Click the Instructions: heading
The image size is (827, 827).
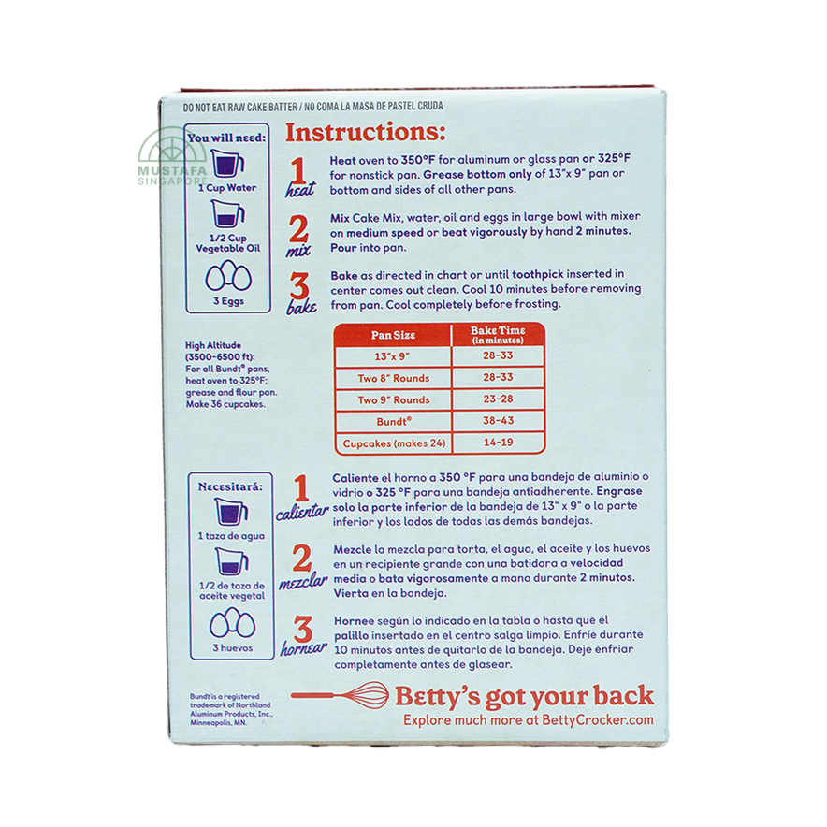pos(366,133)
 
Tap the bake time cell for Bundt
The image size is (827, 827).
pos(498,421)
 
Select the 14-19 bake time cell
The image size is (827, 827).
pos(498,443)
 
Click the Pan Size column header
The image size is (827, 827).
pos(393,335)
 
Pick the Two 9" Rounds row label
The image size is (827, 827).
pos(394,399)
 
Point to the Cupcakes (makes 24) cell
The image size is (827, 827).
pos(394,443)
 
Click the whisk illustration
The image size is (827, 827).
pos(340,694)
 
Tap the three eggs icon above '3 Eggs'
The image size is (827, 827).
pos(228,276)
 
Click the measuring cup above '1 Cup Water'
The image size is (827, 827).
pos(227,163)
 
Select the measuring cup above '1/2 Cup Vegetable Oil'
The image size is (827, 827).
pos(228,213)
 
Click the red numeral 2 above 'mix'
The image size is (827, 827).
pos(298,228)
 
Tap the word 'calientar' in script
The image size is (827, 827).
pos(302,512)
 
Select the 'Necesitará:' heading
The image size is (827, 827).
pos(230,486)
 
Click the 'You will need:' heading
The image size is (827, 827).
pos(226,138)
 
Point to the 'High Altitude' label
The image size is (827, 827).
pos(213,345)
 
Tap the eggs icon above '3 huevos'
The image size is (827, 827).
pos(233,623)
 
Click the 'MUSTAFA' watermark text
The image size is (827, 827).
pos(172,171)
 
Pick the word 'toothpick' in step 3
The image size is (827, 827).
pos(537,274)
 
